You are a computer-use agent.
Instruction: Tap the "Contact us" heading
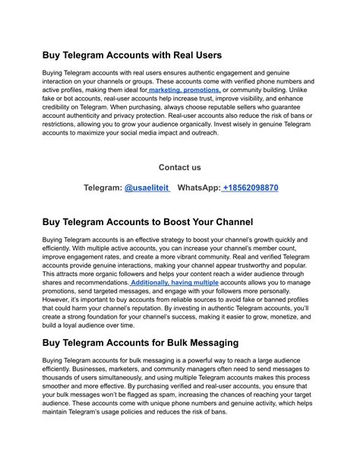tap(180, 167)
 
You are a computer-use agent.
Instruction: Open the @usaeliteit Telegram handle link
tap(147, 188)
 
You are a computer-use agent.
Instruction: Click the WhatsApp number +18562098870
tap(250, 188)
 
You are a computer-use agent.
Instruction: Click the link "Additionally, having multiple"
tap(174, 283)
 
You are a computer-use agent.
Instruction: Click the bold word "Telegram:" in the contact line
tap(102, 188)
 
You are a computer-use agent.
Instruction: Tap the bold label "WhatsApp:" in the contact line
tap(198, 188)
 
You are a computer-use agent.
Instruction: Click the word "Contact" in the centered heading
tap(172, 167)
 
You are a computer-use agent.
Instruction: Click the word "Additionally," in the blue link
tap(153, 283)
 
